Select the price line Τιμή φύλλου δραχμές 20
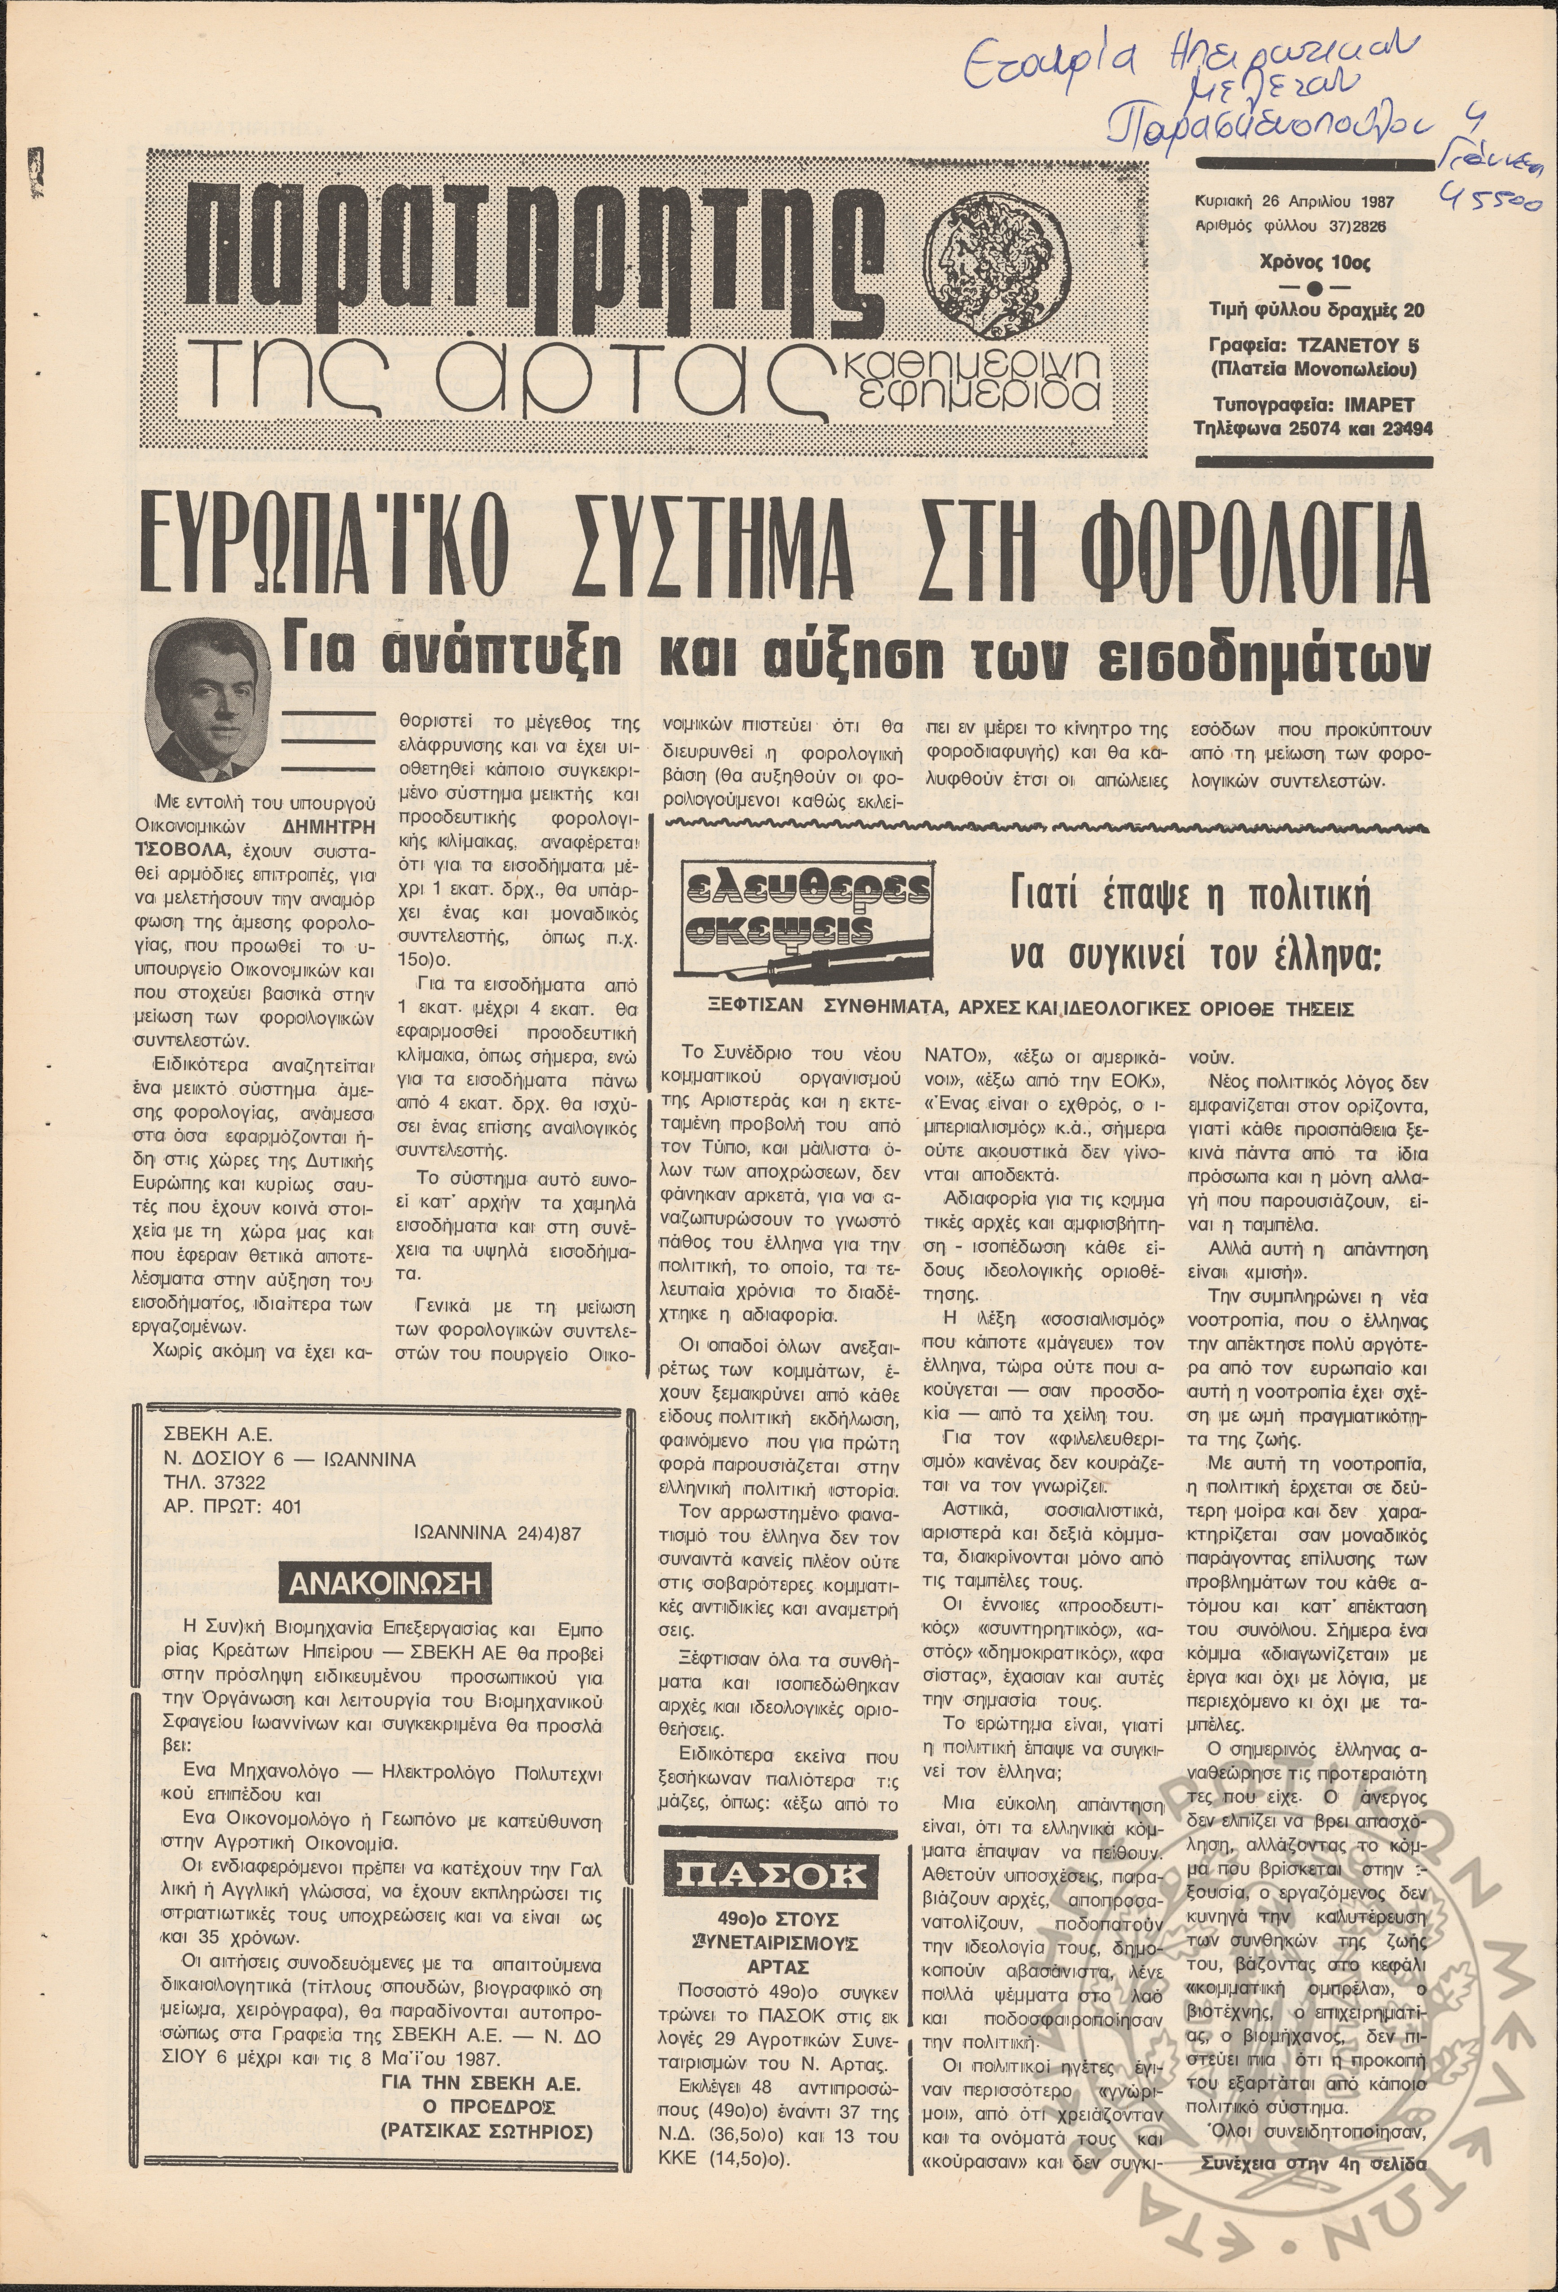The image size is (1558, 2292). [1316, 311]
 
